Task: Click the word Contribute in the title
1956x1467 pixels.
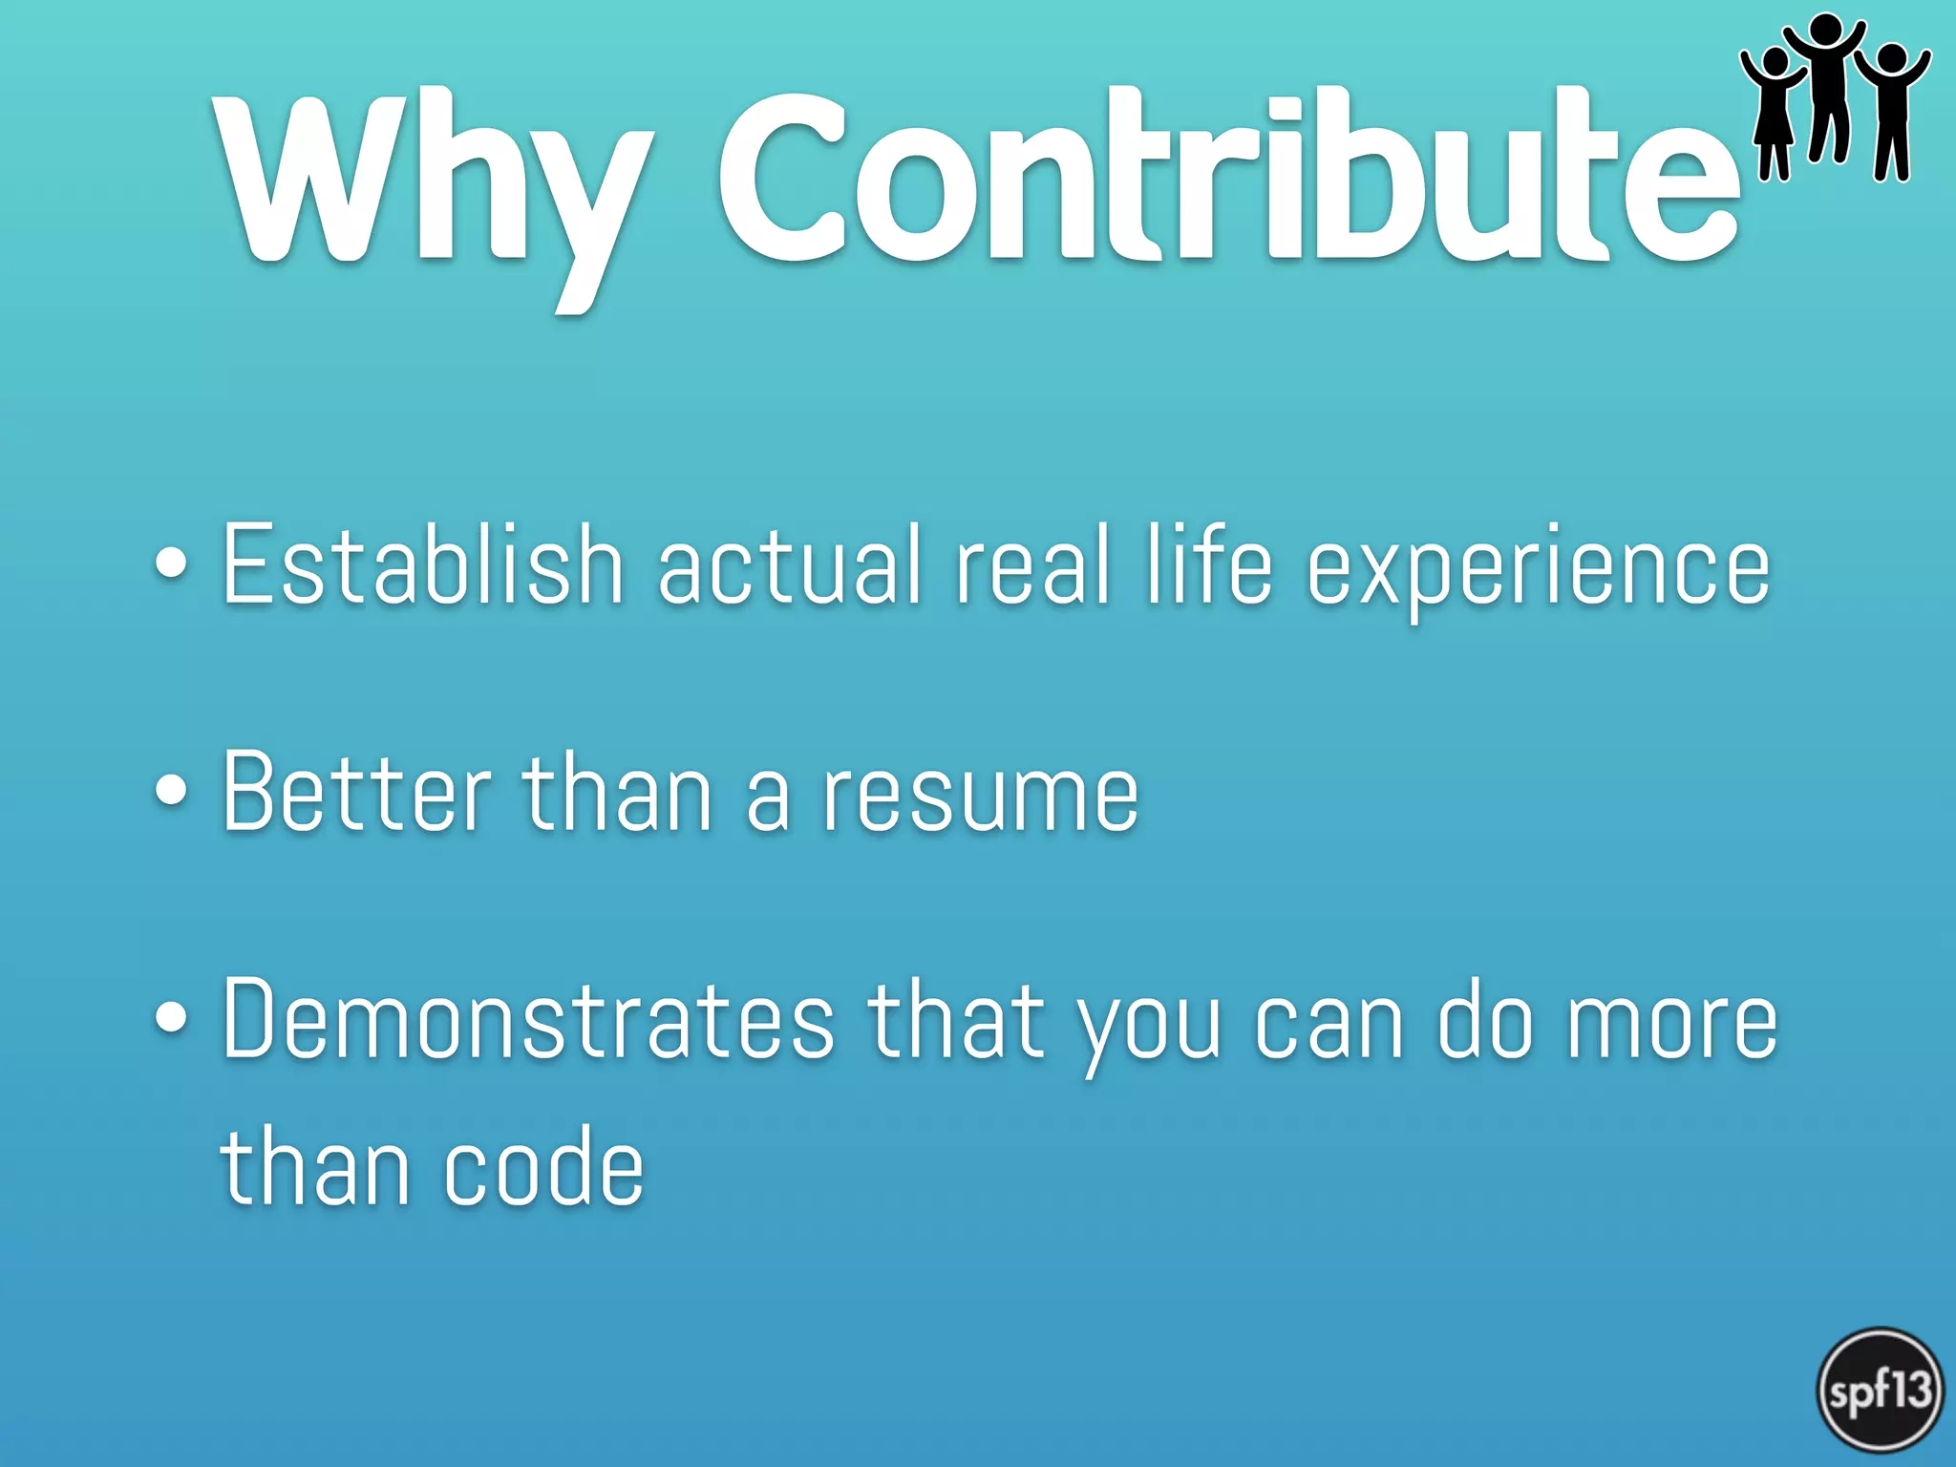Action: pos(1227,177)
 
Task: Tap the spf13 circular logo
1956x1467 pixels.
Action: pos(1880,1390)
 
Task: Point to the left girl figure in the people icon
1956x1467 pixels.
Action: pos(1774,115)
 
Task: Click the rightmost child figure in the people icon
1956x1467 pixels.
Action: pos(1891,110)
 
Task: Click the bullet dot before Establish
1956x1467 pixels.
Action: pos(171,563)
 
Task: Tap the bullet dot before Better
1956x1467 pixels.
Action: pos(171,791)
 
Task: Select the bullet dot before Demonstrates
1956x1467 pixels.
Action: pos(171,1018)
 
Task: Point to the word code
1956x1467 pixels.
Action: pos(543,1167)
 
